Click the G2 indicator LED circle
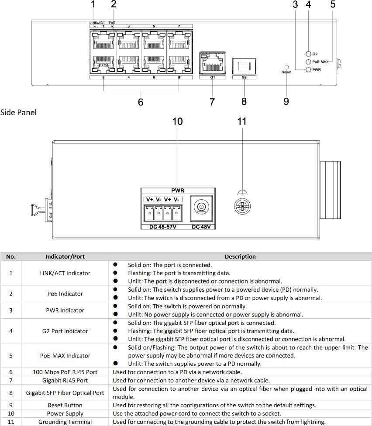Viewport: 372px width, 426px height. tap(308, 54)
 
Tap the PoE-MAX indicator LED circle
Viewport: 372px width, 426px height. tap(308, 61)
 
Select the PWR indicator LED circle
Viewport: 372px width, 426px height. tap(308, 70)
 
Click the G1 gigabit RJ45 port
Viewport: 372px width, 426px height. tap(213, 63)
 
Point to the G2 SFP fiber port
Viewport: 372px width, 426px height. tap(244, 66)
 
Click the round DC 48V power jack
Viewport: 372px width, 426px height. tap(201, 207)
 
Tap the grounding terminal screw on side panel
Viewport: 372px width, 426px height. tap(242, 206)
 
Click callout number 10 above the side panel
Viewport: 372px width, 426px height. tap(177, 122)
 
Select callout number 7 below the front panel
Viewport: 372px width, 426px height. tap(212, 102)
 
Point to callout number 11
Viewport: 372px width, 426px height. tap(242, 122)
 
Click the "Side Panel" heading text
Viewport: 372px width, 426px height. tap(18, 112)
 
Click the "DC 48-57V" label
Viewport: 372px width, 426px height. tap(163, 227)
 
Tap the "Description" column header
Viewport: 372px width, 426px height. tap(240, 256)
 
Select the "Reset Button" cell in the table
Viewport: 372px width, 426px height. tap(65, 405)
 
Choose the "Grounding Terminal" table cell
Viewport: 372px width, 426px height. tap(65, 422)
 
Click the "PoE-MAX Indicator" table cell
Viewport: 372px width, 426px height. tap(65, 356)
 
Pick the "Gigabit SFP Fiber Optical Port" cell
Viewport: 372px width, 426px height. tap(65, 393)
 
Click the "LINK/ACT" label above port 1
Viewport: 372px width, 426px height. tap(97, 23)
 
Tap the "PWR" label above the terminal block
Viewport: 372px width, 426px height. tap(178, 191)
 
